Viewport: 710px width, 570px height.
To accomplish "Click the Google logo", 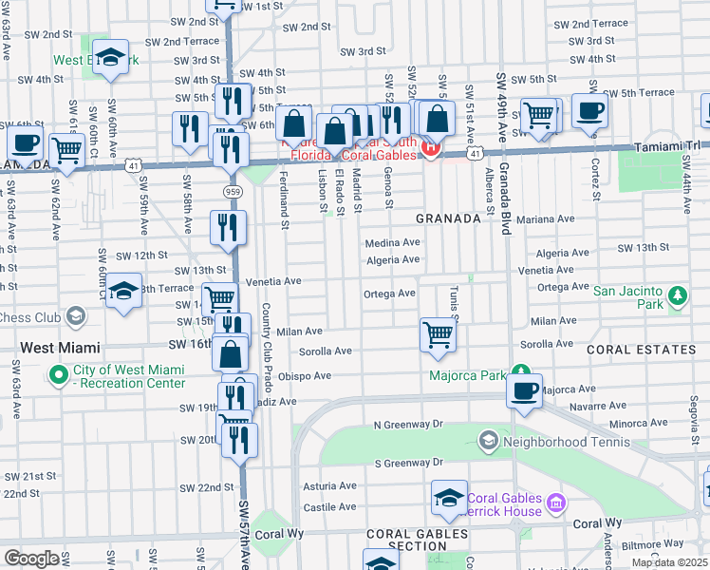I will pyautogui.click(x=31, y=559).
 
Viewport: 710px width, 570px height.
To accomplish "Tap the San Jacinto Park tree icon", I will pyautogui.click(x=677, y=297).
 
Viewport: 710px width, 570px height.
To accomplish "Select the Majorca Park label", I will pyautogui.click(x=467, y=375).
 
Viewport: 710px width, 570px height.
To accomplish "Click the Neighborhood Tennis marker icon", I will pyautogui.click(x=488, y=440).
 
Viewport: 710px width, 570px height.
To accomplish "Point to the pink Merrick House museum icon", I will pyautogui.click(x=556, y=500).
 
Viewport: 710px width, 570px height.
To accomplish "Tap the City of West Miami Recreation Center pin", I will pyautogui.click(x=58, y=376).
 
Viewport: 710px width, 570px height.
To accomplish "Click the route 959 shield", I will pyautogui.click(x=232, y=192).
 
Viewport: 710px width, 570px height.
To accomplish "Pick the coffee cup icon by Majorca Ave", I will pyautogui.click(x=523, y=390).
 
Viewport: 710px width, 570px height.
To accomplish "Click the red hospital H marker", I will pyautogui.click(x=430, y=147).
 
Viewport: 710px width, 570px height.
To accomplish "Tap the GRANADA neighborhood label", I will pyautogui.click(x=449, y=218).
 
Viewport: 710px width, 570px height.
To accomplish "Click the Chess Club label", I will pyautogui.click(x=28, y=318).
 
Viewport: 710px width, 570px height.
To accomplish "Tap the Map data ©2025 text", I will pyautogui.click(x=668, y=562).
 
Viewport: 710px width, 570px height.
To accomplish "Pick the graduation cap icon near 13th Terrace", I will pyautogui.click(x=124, y=292).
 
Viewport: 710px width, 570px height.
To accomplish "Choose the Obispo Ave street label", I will pyautogui.click(x=304, y=375).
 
